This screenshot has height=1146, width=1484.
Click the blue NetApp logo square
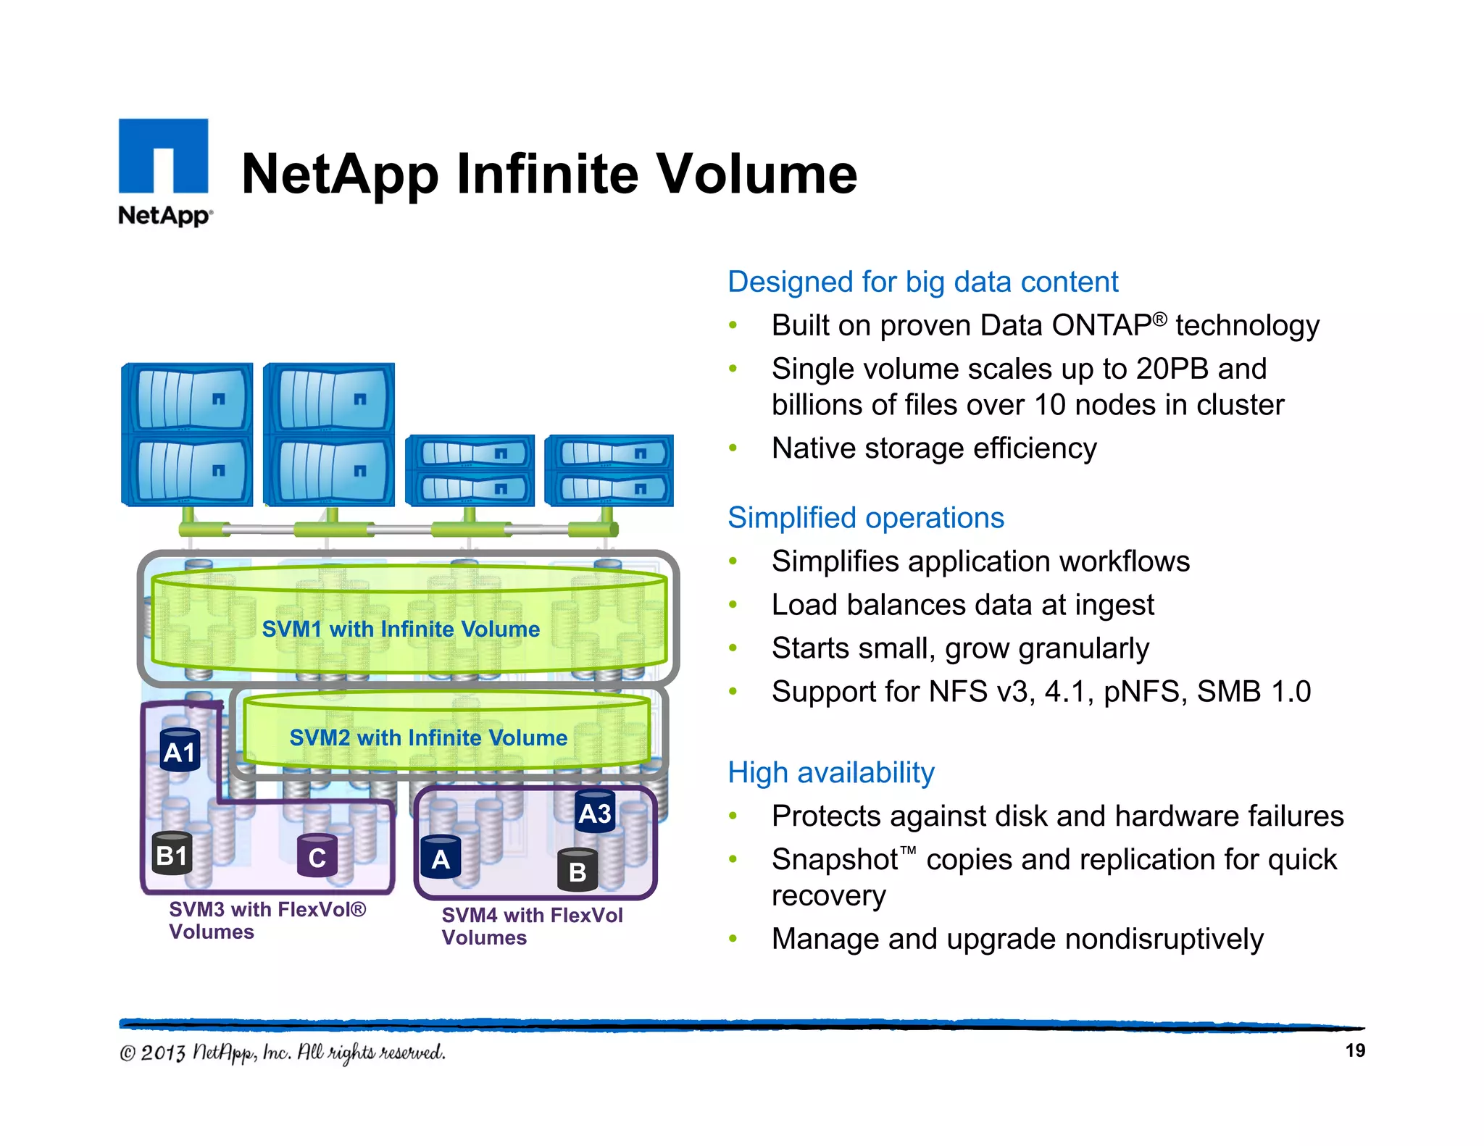[163, 156]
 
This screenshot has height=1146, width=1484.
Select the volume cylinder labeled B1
[172, 854]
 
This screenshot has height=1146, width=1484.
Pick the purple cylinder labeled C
[317, 856]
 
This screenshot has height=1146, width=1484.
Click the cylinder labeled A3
[595, 812]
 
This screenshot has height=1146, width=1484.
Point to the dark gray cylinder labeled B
[578, 870]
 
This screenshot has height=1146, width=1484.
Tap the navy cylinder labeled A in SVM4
[441, 858]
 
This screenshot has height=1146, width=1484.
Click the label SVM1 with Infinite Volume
[401, 629]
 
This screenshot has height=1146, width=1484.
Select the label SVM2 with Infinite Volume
[428, 737]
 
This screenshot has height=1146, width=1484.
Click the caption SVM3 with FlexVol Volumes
[267, 920]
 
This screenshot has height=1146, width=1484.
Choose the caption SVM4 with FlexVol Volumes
[531, 926]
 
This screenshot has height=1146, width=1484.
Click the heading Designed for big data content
[922, 282]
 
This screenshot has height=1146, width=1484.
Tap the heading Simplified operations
[865, 518]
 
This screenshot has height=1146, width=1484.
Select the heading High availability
[830, 773]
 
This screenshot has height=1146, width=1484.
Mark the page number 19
[1354, 1050]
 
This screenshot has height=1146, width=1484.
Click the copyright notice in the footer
[283, 1053]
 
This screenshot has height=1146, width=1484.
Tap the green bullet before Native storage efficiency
[733, 448]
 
